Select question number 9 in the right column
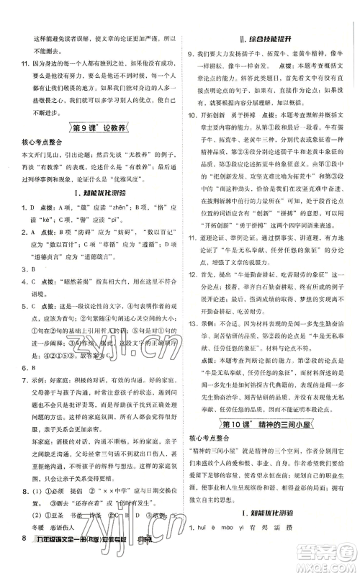tap(192, 53)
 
